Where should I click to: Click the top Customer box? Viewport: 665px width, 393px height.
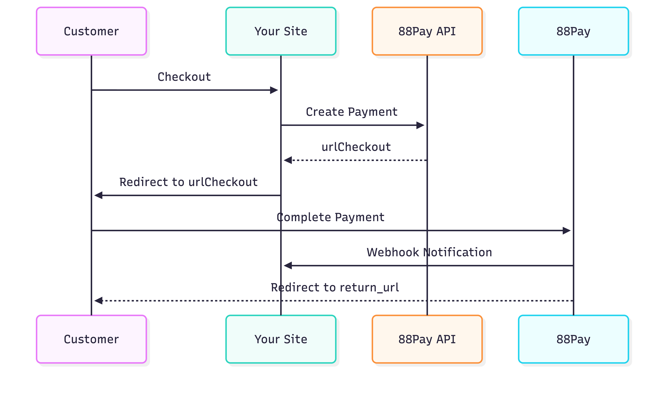91,31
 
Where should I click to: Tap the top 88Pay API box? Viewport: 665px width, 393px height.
427,31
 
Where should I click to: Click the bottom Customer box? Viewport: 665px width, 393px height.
91,339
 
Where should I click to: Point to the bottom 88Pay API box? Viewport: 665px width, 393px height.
427,339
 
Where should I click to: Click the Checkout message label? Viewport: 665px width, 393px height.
184,77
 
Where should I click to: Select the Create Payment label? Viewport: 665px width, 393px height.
352,112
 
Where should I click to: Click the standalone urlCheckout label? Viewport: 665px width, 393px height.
356,147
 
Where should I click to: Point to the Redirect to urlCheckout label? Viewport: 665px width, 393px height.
188,182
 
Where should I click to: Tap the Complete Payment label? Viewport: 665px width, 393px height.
330,217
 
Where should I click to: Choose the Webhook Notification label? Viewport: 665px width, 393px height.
429,252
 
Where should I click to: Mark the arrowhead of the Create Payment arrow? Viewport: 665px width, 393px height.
420,125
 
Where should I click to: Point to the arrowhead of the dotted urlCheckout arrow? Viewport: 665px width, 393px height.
288,160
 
